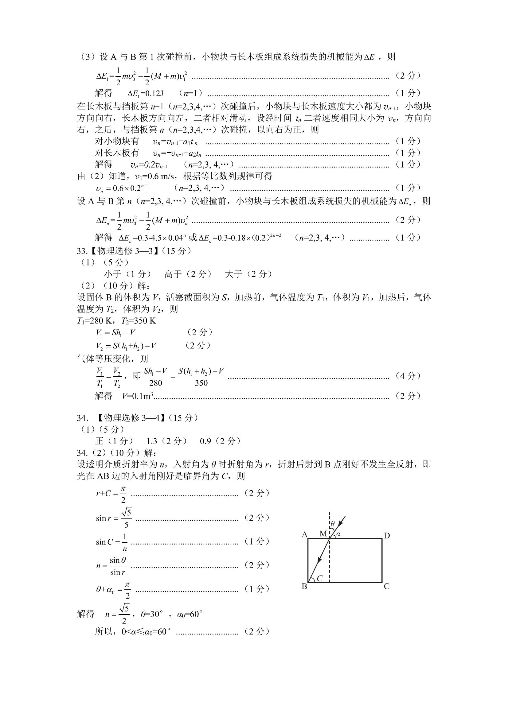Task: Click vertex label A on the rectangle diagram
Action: [304, 535]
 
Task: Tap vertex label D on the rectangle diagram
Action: [387, 536]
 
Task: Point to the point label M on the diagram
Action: [323, 534]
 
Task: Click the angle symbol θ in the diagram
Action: [333, 523]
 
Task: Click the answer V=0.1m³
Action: [137, 396]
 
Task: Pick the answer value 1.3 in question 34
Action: [152, 441]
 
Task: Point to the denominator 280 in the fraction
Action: [155, 383]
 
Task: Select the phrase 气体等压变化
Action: [104, 359]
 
